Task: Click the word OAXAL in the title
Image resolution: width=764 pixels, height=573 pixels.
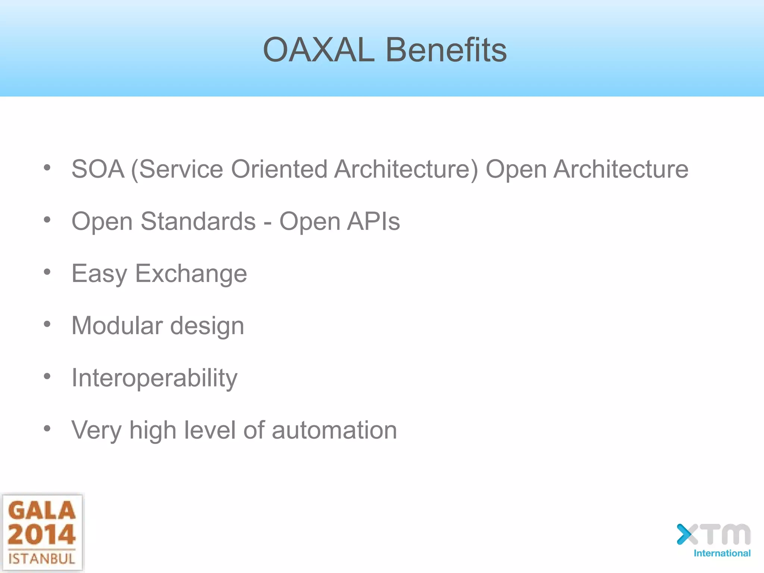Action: (319, 50)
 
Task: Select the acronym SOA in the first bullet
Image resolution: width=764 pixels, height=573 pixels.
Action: (98, 169)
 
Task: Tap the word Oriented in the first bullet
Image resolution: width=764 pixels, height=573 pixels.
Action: (279, 169)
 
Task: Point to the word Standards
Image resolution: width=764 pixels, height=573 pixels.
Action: (198, 222)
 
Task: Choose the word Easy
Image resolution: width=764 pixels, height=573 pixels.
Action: (99, 274)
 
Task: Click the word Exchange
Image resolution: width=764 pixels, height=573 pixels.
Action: (191, 274)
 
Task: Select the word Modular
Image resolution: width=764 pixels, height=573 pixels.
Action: (117, 326)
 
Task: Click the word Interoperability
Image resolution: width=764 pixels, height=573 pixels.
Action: (154, 378)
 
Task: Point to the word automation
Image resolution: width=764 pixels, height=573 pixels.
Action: (334, 430)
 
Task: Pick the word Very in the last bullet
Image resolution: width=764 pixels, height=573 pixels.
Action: (96, 430)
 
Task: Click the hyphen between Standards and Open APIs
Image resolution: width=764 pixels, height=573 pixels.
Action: (267, 223)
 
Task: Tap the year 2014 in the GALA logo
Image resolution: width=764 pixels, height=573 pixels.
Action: (41, 534)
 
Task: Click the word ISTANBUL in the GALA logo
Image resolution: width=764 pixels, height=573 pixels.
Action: (42, 559)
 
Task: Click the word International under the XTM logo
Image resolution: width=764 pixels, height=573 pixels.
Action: (722, 553)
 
